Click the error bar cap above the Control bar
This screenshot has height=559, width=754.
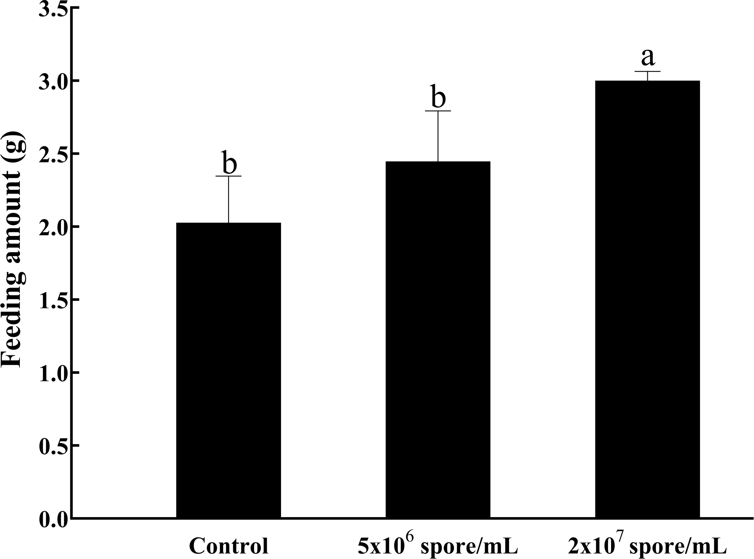228,176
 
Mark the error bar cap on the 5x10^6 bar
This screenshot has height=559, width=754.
438,111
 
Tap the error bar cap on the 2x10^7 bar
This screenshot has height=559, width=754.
647,72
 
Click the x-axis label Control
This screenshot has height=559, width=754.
229,546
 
